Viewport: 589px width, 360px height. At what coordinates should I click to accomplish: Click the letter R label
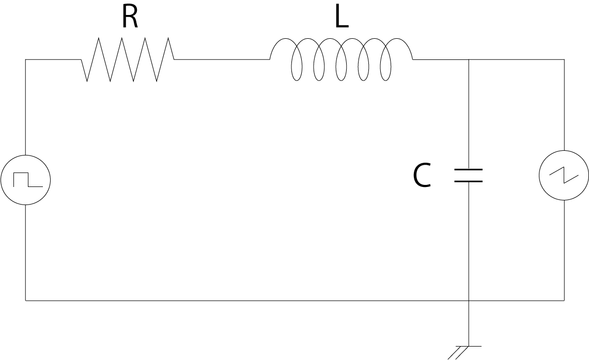pos(130,18)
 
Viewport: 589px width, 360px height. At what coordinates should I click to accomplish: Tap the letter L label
pos(341,18)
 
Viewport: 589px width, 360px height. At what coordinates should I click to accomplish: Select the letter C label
pos(422,176)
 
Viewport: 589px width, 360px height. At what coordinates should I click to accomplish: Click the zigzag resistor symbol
pos(128,59)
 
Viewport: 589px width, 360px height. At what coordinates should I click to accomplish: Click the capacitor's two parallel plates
pos(468,176)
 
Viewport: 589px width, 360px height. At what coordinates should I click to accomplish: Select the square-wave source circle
pos(25,180)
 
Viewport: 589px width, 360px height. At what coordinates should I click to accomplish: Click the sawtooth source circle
pos(564,176)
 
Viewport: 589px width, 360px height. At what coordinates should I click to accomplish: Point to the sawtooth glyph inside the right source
pos(564,176)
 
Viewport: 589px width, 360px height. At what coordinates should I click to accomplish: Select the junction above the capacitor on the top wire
pos(468,59)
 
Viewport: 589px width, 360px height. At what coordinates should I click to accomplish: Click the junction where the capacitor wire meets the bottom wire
pos(468,300)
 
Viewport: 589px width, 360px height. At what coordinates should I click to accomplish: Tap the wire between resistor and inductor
pos(222,59)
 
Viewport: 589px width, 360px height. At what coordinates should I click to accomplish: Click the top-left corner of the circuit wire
pos(25,59)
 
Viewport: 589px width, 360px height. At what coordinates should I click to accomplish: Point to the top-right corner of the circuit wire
pos(564,59)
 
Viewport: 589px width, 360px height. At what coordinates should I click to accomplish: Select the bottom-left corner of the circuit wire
pos(25,300)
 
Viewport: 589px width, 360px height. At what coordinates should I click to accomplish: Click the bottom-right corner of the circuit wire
pos(564,300)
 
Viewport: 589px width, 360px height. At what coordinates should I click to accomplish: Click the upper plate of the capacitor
pos(468,169)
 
